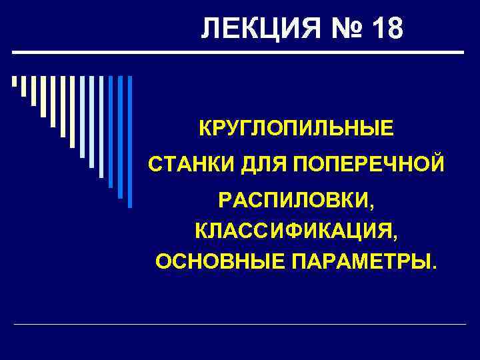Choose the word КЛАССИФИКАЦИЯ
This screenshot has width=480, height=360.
[x=294, y=231]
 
